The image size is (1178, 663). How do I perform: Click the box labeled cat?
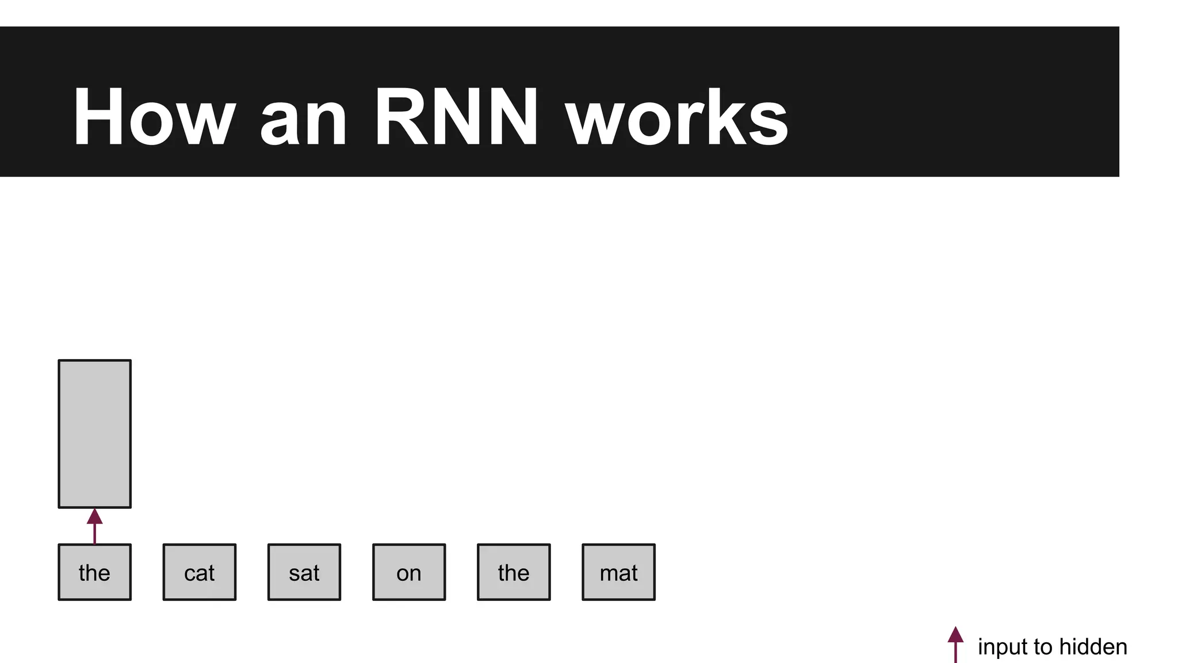(200, 572)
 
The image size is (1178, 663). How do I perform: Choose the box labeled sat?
(304, 572)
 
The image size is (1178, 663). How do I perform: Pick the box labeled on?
(409, 572)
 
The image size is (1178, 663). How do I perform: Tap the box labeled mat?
(618, 572)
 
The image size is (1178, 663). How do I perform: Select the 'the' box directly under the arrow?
(95, 572)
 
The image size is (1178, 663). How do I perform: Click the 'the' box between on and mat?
(514, 572)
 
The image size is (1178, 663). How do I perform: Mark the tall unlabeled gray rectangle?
(95, 434)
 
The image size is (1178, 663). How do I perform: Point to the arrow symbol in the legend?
(955, 643)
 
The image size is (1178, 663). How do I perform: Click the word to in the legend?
(1043, 647)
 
